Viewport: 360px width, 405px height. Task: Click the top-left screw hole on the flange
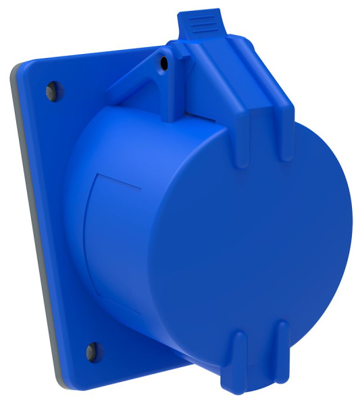pyautogui.click(x=51, y=89)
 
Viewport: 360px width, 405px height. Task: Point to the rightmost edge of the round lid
pyautogui.click(x=351, y=223)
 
